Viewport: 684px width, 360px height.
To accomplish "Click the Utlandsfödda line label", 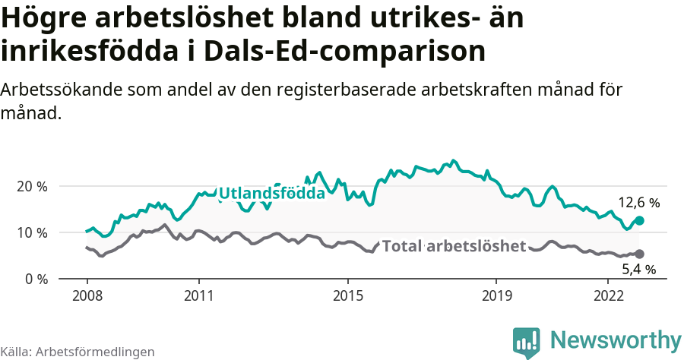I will [271, 194].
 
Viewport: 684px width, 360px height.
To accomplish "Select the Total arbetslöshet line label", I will [454, 246].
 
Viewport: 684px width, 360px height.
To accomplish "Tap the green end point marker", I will [639, 220].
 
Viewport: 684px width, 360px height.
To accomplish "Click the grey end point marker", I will [639, 254].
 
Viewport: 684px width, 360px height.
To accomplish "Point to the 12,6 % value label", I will [638, 203].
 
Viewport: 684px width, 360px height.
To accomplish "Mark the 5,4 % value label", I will [638, 269].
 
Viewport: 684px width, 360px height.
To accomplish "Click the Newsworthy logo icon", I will [527, 342].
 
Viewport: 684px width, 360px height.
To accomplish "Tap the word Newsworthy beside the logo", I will [616, 339].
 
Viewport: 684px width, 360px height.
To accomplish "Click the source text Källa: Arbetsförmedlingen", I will [78, 352].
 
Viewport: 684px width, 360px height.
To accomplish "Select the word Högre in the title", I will [46, 18].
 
